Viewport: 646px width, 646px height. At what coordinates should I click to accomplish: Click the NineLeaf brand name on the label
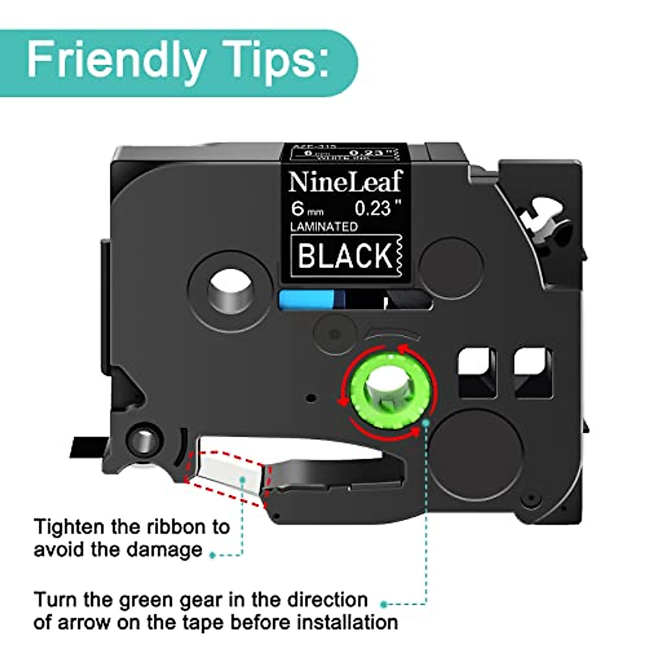coord(345,181)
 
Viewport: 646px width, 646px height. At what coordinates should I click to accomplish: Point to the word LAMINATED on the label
coord(324,227)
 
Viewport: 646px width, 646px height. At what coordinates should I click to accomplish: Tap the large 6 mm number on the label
coord(298,208)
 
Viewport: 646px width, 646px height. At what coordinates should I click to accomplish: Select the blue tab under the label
coord(307,300)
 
